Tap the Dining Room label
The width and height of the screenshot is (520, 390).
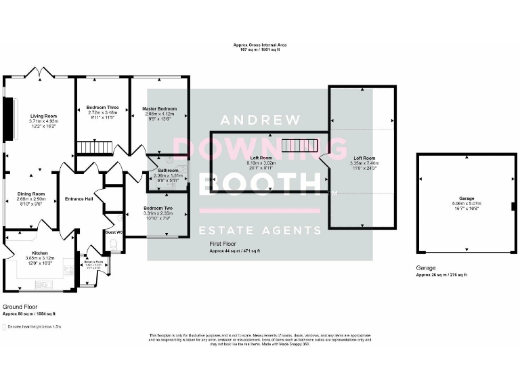pos(30,193)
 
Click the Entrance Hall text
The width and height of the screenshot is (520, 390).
pos(78,198)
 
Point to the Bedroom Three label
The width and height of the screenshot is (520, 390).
pos(103,108)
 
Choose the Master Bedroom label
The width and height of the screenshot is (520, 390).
pos(159,108)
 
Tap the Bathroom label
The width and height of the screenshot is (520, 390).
pos(168,170)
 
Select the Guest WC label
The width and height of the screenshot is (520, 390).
pos(114,232)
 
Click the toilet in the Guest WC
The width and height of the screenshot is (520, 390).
pos(113,244)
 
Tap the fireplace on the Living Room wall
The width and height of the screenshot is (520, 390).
pos(8,119)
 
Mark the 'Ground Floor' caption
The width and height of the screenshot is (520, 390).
pos(20,307)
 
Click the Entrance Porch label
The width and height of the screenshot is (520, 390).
pos(93,261)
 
